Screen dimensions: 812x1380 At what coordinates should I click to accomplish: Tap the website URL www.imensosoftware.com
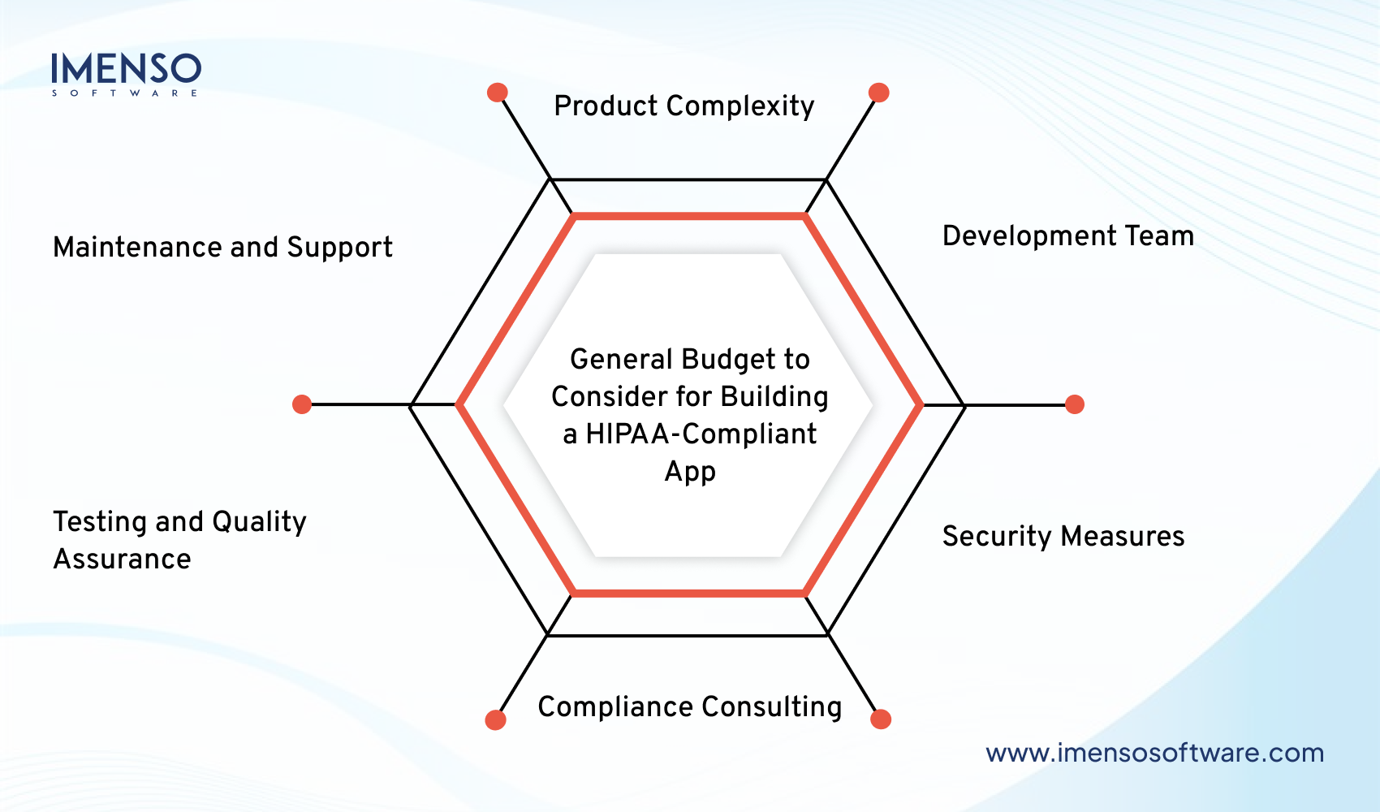(x=1154, y=753)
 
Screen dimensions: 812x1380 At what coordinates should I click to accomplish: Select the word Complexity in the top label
(x=740, y=106)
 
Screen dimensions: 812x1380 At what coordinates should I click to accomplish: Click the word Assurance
(x=123, y=559)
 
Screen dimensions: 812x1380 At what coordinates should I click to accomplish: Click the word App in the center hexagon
(x=690, y=472)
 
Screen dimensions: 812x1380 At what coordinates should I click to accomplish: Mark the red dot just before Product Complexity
(x=498, y=93)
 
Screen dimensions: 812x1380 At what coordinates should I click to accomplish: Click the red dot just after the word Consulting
(x=881, y=719)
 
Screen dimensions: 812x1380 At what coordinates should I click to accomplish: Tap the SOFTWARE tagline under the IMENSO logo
(x=125, y=93)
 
